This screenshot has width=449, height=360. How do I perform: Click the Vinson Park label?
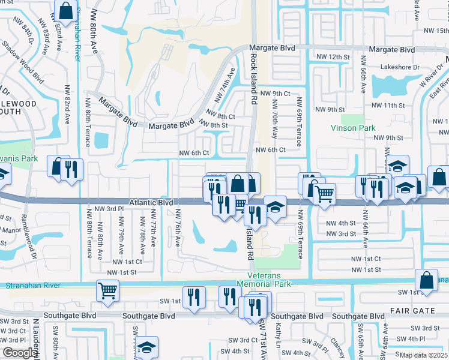353,128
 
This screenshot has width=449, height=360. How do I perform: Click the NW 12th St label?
333,56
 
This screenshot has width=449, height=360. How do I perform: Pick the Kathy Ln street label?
278,336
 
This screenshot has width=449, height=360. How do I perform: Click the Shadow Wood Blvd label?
22,62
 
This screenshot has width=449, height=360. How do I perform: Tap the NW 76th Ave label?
178,227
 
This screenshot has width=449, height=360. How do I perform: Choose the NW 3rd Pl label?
112,208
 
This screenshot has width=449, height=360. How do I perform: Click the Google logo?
20,353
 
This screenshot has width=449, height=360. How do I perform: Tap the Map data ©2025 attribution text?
423,355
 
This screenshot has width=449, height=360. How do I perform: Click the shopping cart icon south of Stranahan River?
108,290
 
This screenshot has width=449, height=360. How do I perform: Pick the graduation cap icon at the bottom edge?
146,347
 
